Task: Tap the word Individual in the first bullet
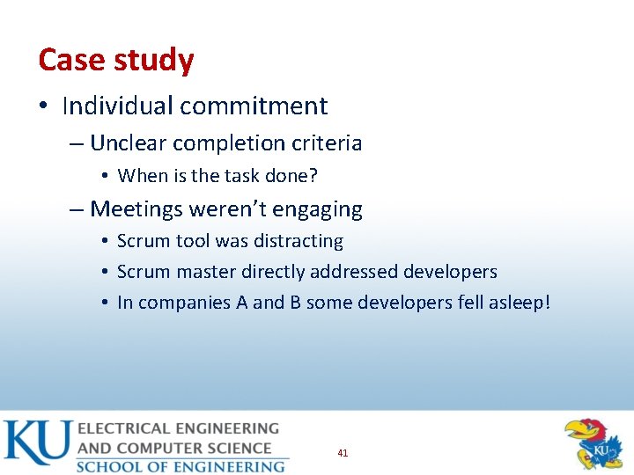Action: point(117,106)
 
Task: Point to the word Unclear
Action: point(129,142)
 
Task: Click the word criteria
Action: point(327,142)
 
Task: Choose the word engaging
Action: point(321,210)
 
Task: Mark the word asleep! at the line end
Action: point(517,303)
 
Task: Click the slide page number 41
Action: point(343,453)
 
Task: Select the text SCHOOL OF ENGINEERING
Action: point(181,466)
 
